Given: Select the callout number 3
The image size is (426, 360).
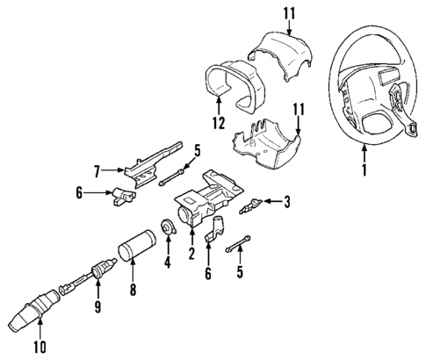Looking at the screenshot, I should [x=287, y=205].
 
